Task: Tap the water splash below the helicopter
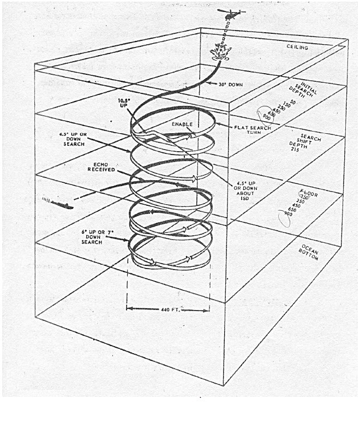click(221, 53)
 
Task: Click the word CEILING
click(298, 47)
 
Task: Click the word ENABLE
click(183, 125)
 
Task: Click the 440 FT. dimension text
click(169, 309)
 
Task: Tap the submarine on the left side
click(58, 204)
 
